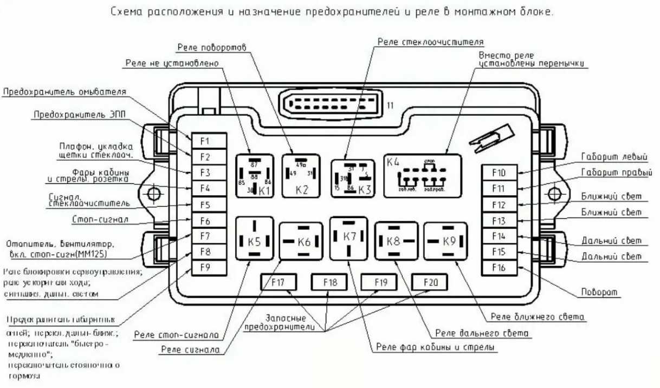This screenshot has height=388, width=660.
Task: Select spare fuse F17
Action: coord(278,282)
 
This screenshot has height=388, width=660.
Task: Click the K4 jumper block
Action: coord(422,175)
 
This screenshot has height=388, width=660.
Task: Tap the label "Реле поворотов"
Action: coord(211,47)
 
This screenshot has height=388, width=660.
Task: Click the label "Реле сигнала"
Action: coord(190,350)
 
